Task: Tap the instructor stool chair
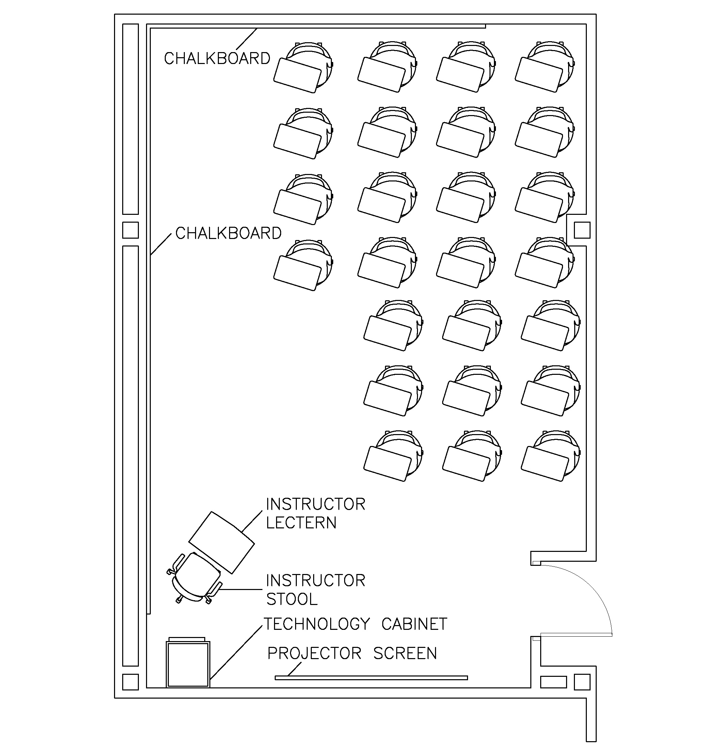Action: [x=196, y=578]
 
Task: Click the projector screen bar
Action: [x=371, y=678]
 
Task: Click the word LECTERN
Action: [x=301, y=523]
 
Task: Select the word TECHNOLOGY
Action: [x=317, y=624]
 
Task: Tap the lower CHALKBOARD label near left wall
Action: [x=228, y=233]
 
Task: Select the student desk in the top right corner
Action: [x=540, y=75]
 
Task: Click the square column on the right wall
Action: [x=582, y=230]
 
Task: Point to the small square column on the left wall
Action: [x=130, y=230]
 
